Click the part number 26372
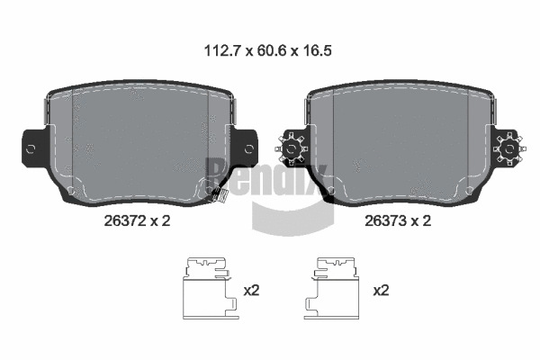tap(125, 220)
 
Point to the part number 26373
tap(386, 220)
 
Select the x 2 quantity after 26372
tap(161, 220)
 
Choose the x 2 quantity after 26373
tap(422, 220)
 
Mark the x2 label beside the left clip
tap(252, 291)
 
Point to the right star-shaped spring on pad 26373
tap(509, 147)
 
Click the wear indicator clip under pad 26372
tap(215, 193)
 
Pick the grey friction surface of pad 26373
tap(400, 139)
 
